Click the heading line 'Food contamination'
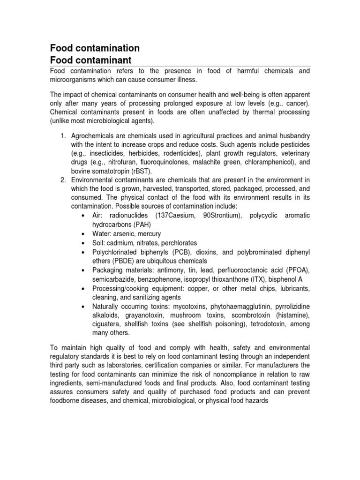point(94,48)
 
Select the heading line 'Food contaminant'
point(91,60)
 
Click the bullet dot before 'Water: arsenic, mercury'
point(82,234)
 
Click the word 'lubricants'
point(293,288)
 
